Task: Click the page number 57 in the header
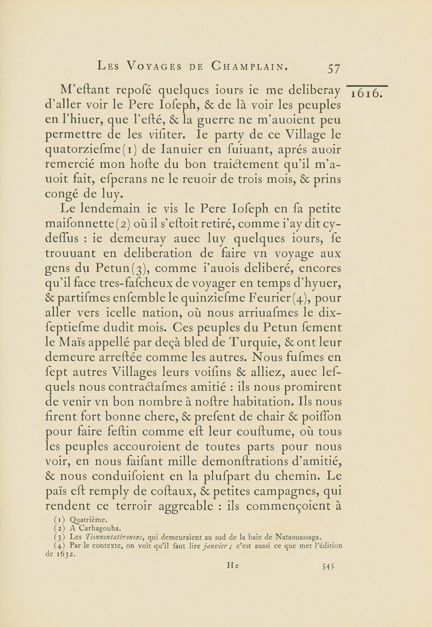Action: [x=333, y=68]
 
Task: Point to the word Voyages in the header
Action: [x=155, y=66]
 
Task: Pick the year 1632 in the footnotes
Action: [x=69, y=553]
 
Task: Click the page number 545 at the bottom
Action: [x=328, y=566]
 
